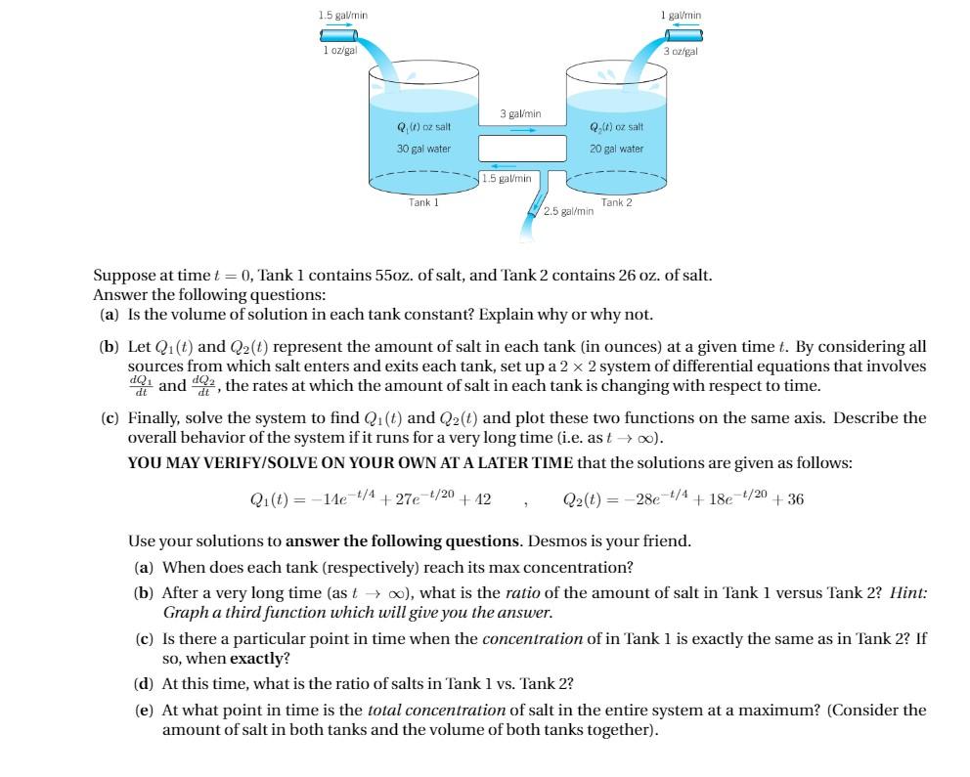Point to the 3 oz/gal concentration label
[x=681, y=51]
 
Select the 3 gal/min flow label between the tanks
[x=518, y=115]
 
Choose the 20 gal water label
[x=616, y=149]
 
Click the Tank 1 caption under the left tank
[x=423, y=201]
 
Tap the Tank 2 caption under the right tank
[x=617, y=201]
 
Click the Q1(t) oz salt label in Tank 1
[x=423, y=128]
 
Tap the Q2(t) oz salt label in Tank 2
[x=617, y=128]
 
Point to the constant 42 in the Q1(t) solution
[x=481, y=499]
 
